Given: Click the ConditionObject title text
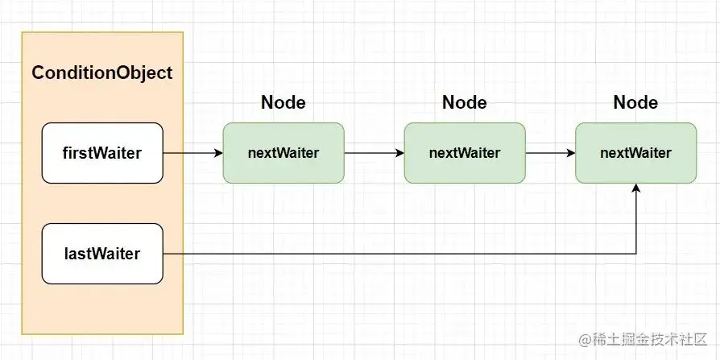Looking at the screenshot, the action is coord(102,73).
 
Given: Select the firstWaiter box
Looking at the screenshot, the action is coord(102,153).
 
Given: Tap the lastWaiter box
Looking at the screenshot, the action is coord(102,254).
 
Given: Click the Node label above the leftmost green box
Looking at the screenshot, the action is coord(283,102).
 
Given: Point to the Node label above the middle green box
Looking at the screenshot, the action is coord(464,102).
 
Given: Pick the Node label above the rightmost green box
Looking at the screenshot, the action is coord(635,102).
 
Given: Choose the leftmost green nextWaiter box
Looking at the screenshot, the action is coord(283,153).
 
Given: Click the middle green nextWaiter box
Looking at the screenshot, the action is coord(465,153).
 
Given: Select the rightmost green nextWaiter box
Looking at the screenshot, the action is coord(636,153).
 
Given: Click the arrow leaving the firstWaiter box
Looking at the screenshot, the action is coord(192,153).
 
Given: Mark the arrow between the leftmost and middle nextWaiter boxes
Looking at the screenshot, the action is coord(374,153).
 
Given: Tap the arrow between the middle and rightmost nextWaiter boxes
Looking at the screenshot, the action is coord(551,153).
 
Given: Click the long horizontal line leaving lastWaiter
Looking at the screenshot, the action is coord(399,254).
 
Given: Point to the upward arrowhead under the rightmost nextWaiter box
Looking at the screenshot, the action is coord(636,188).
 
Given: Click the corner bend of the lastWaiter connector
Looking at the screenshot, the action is coord(636,254).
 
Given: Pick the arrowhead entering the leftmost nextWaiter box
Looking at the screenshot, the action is coord(218,153).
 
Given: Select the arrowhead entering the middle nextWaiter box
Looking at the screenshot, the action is coord(400,153).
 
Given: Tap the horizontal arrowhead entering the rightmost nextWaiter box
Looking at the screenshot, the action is coord(571,153).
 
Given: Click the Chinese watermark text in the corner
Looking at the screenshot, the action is coord(648,340).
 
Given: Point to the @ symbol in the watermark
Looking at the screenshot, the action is coord(585,341).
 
